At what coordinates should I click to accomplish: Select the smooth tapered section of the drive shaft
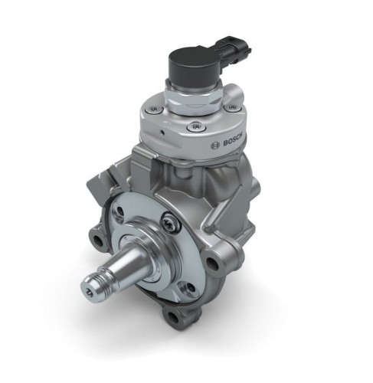click(126, 269)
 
